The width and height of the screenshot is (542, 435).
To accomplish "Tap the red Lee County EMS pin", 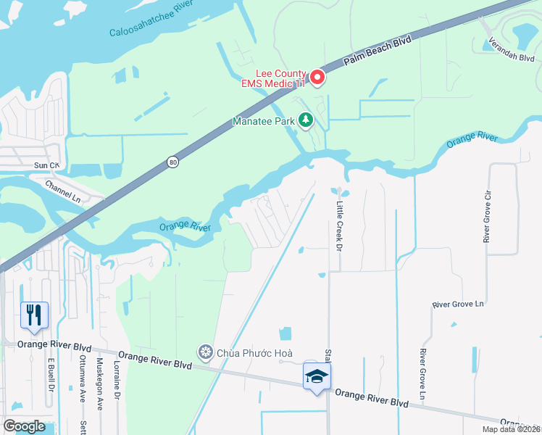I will coord(317,77).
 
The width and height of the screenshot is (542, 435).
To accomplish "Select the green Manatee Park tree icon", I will coord(307,121).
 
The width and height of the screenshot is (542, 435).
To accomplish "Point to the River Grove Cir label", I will coord(488,217).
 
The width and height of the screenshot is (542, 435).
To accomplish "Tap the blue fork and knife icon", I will coord(35,315).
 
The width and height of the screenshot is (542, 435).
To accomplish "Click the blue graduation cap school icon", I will coord(317,376).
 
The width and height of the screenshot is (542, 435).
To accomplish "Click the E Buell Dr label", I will coord(52,384).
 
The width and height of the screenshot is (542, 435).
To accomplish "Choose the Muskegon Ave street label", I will coord(100,384).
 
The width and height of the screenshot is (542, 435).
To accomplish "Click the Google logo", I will coord(25,426).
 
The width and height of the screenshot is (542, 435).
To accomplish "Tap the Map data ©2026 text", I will coord(510,429).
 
